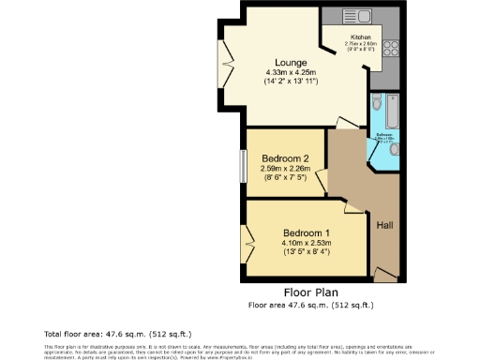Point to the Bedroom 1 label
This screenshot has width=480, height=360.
click(x=307, y=232)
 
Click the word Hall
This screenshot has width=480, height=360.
click(x=384, y=225)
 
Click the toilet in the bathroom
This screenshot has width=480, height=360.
click(x=375, y=102)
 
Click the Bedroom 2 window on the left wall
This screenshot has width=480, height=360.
click(x=242, y=167)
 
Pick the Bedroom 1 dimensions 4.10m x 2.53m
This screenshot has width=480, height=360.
click(x=307, y=243)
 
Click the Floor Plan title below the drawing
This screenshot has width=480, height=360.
click(x=309, y=292)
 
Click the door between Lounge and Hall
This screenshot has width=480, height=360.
click(x=348, y=122)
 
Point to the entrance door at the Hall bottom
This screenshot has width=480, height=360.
click(x=385, y=275)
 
